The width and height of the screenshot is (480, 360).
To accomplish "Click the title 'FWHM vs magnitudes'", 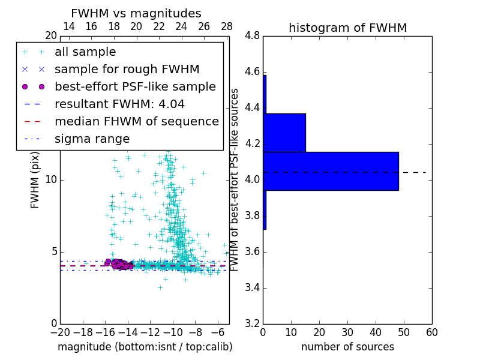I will (x=136, y=14).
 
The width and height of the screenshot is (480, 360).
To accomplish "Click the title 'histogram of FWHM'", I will (x=347, y=28).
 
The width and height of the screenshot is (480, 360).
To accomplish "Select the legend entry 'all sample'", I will (x=85, y=52).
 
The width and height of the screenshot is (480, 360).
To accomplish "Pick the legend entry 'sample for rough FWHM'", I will (x=127, y=70).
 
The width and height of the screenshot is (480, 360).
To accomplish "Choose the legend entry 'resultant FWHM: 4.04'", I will (x=119, y=104).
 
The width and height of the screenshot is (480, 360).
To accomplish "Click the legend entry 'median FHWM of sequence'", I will (x=136, y=122).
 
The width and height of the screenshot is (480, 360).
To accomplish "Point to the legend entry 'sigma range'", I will (x=92, y=139).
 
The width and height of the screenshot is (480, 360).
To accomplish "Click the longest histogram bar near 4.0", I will (x=331, y=171).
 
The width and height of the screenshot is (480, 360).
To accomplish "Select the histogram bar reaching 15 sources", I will (x=284, y=133).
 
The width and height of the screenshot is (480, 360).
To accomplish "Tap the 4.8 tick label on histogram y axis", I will (x=252, y=36).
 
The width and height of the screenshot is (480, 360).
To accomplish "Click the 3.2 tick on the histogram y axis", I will (x=252, y=323).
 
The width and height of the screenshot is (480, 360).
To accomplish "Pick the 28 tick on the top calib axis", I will (x=227, y=26).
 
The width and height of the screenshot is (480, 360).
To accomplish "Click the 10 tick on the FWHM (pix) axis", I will (x=51, y=179).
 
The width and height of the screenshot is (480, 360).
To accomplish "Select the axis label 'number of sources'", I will (x=347, y=347).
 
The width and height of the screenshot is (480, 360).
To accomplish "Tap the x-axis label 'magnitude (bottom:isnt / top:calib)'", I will (x=145, y=347).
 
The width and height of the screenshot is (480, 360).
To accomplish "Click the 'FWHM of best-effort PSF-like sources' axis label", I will (x=235, y=179).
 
